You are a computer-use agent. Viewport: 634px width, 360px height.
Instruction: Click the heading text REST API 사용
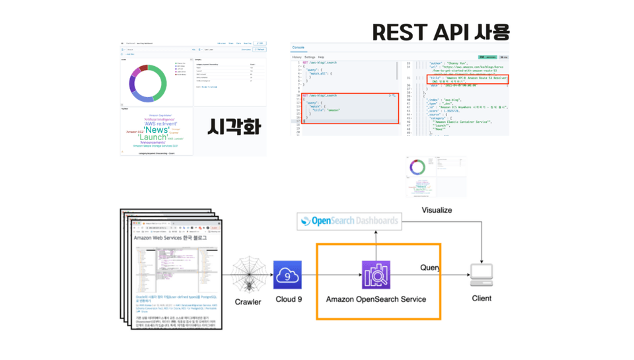[440, 31]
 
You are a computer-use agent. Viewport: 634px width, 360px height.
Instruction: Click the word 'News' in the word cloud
[157, 129]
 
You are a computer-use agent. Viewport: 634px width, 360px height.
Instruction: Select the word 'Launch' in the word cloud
[153, 137]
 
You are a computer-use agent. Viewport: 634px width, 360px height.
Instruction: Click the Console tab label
[299, 48]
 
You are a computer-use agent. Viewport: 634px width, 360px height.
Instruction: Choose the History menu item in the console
[297, 57]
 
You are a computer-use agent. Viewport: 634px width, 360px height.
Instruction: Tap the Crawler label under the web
[248, 302]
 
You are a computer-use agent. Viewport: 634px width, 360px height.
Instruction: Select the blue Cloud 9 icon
[287, 275]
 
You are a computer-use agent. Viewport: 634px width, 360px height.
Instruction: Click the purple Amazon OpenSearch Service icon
[376, 275]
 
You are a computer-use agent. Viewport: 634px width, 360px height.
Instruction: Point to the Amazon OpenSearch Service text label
[376, 299]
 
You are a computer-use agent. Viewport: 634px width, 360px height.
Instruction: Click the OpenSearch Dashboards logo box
[349, 221]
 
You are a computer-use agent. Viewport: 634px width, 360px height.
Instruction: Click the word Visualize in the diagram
[437, 210]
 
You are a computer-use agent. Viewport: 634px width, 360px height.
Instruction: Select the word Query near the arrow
[431, 268]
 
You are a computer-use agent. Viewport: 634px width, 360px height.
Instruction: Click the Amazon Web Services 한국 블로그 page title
[170, 238]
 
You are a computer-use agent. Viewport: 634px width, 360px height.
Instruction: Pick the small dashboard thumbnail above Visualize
[436, 176]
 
